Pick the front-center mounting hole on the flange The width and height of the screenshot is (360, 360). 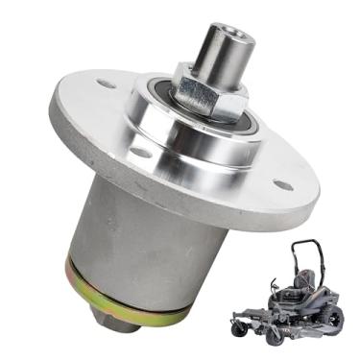pos(141,152)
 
